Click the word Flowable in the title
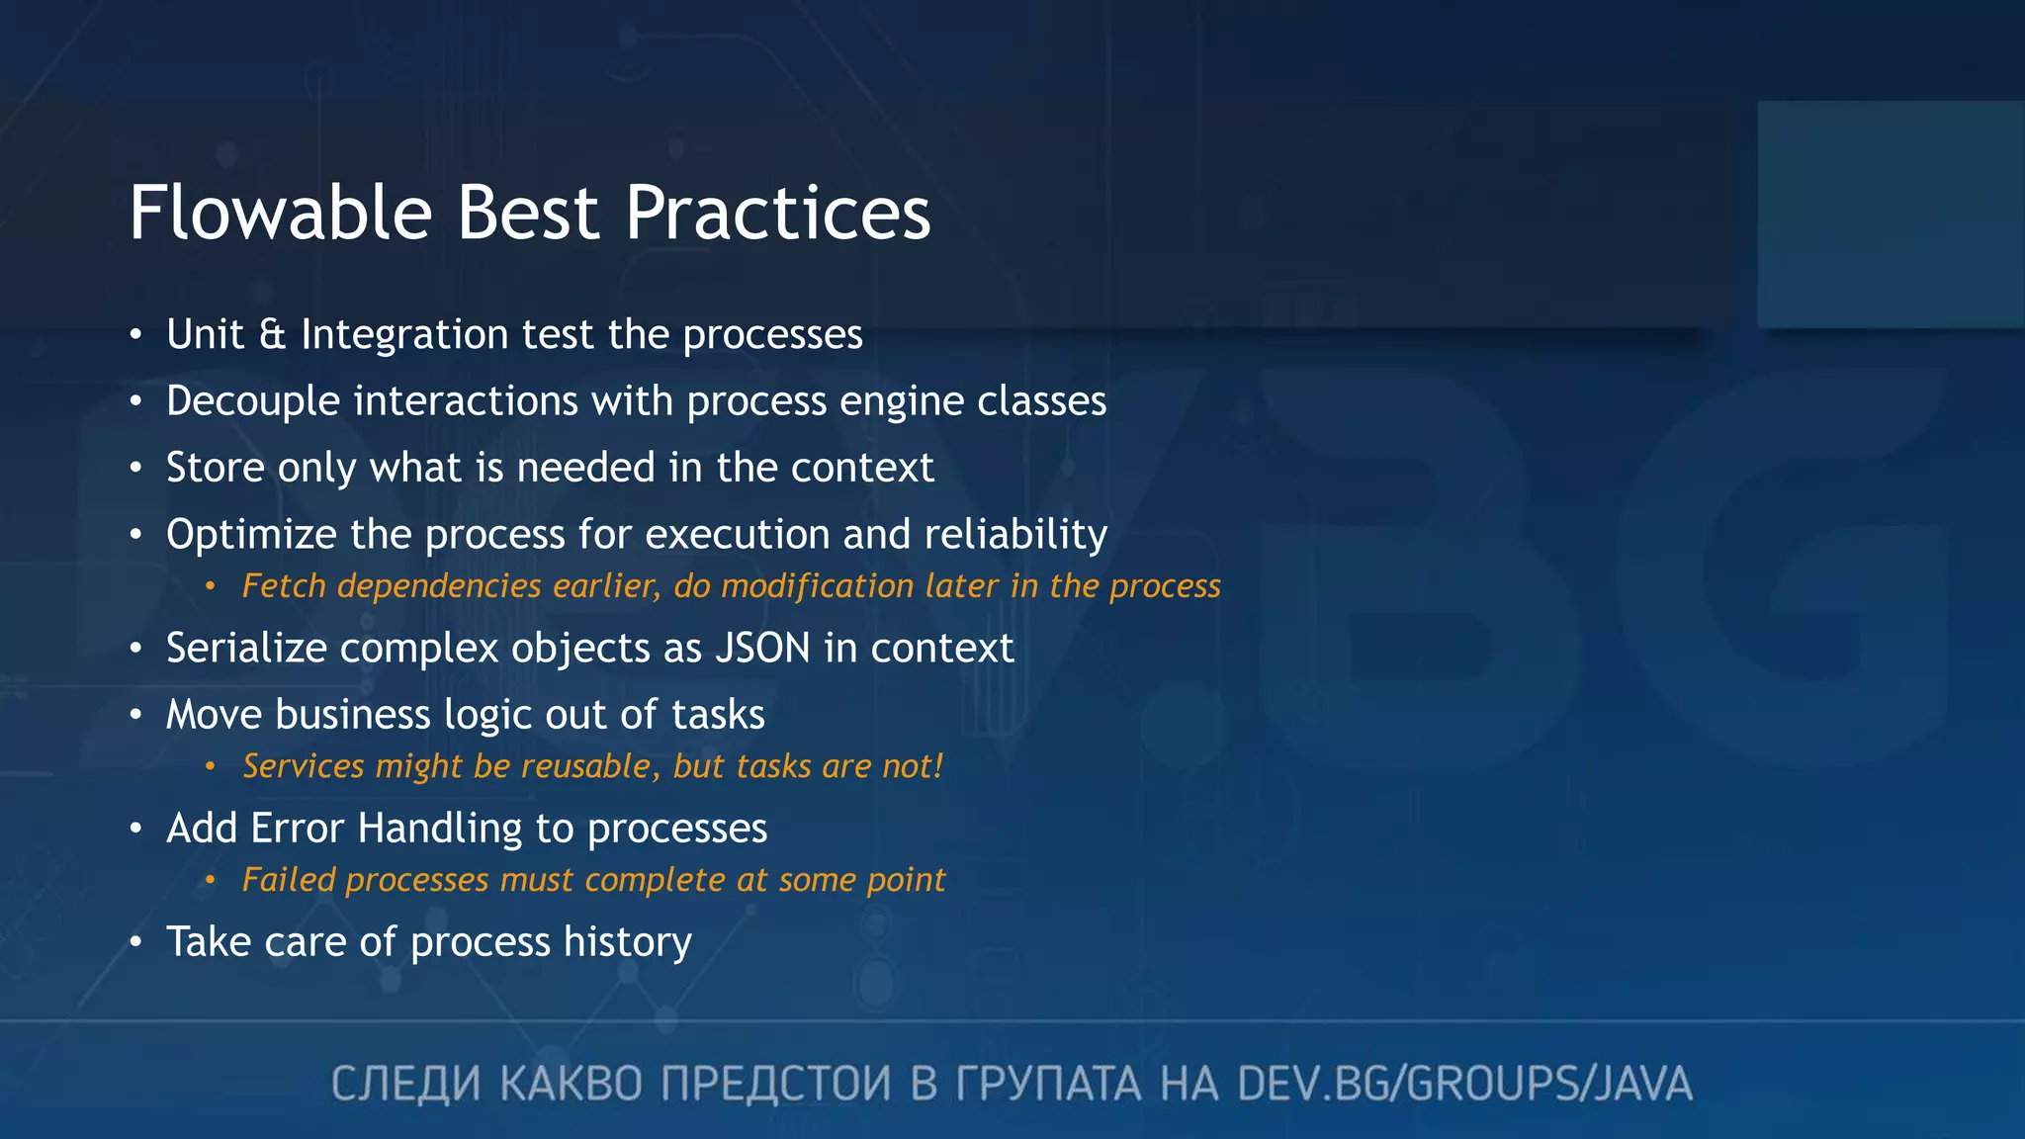[281, 213]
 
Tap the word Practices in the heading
[777, 213]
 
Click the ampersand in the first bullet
[272, 335]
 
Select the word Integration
[404, 335]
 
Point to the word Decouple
[253, 401]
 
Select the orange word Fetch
[284, 586]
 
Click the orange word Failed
[288, 880]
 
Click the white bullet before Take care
[136, 942]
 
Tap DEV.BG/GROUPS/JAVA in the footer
[1464, 1085]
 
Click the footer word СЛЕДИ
[405, 1085]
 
